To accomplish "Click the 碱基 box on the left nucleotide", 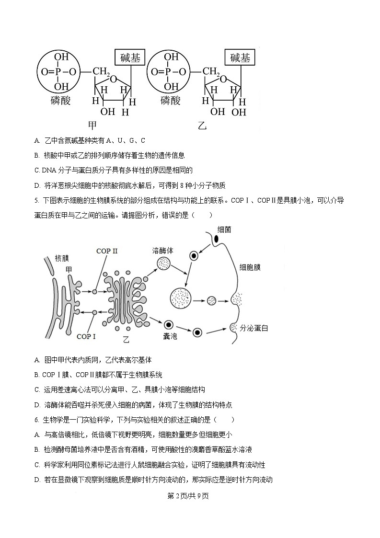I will click(130, 58).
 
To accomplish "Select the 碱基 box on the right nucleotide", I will click(240, 58).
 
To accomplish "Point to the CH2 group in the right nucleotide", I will click(211, 72).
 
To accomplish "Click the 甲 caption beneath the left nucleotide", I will click(92, 125).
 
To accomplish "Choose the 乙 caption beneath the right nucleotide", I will click(202, 126).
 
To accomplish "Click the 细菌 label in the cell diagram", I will click(224, 229).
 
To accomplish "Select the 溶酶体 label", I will click(162, 251).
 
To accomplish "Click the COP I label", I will click(86, 336).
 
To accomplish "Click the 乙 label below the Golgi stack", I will click(126, 340).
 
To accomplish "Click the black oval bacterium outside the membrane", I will click(217, 239).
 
